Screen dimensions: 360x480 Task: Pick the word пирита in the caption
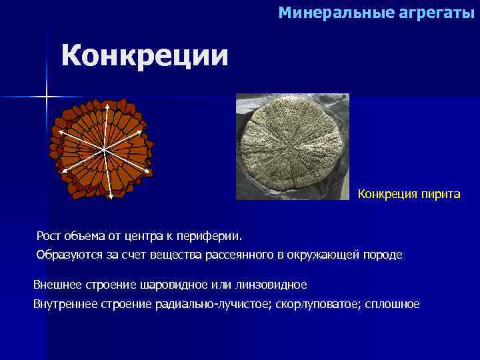439,194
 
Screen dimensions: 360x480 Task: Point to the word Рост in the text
48,235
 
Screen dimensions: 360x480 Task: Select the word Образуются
65,255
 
